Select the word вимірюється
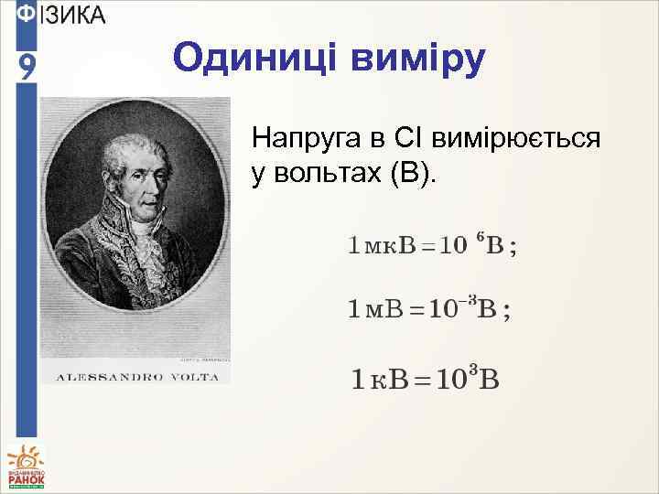click(518, 139)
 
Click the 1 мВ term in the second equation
click(376, 309)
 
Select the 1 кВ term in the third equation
click(382, 379)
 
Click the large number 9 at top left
click(27, 67)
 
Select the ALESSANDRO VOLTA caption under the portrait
click(136, 376)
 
